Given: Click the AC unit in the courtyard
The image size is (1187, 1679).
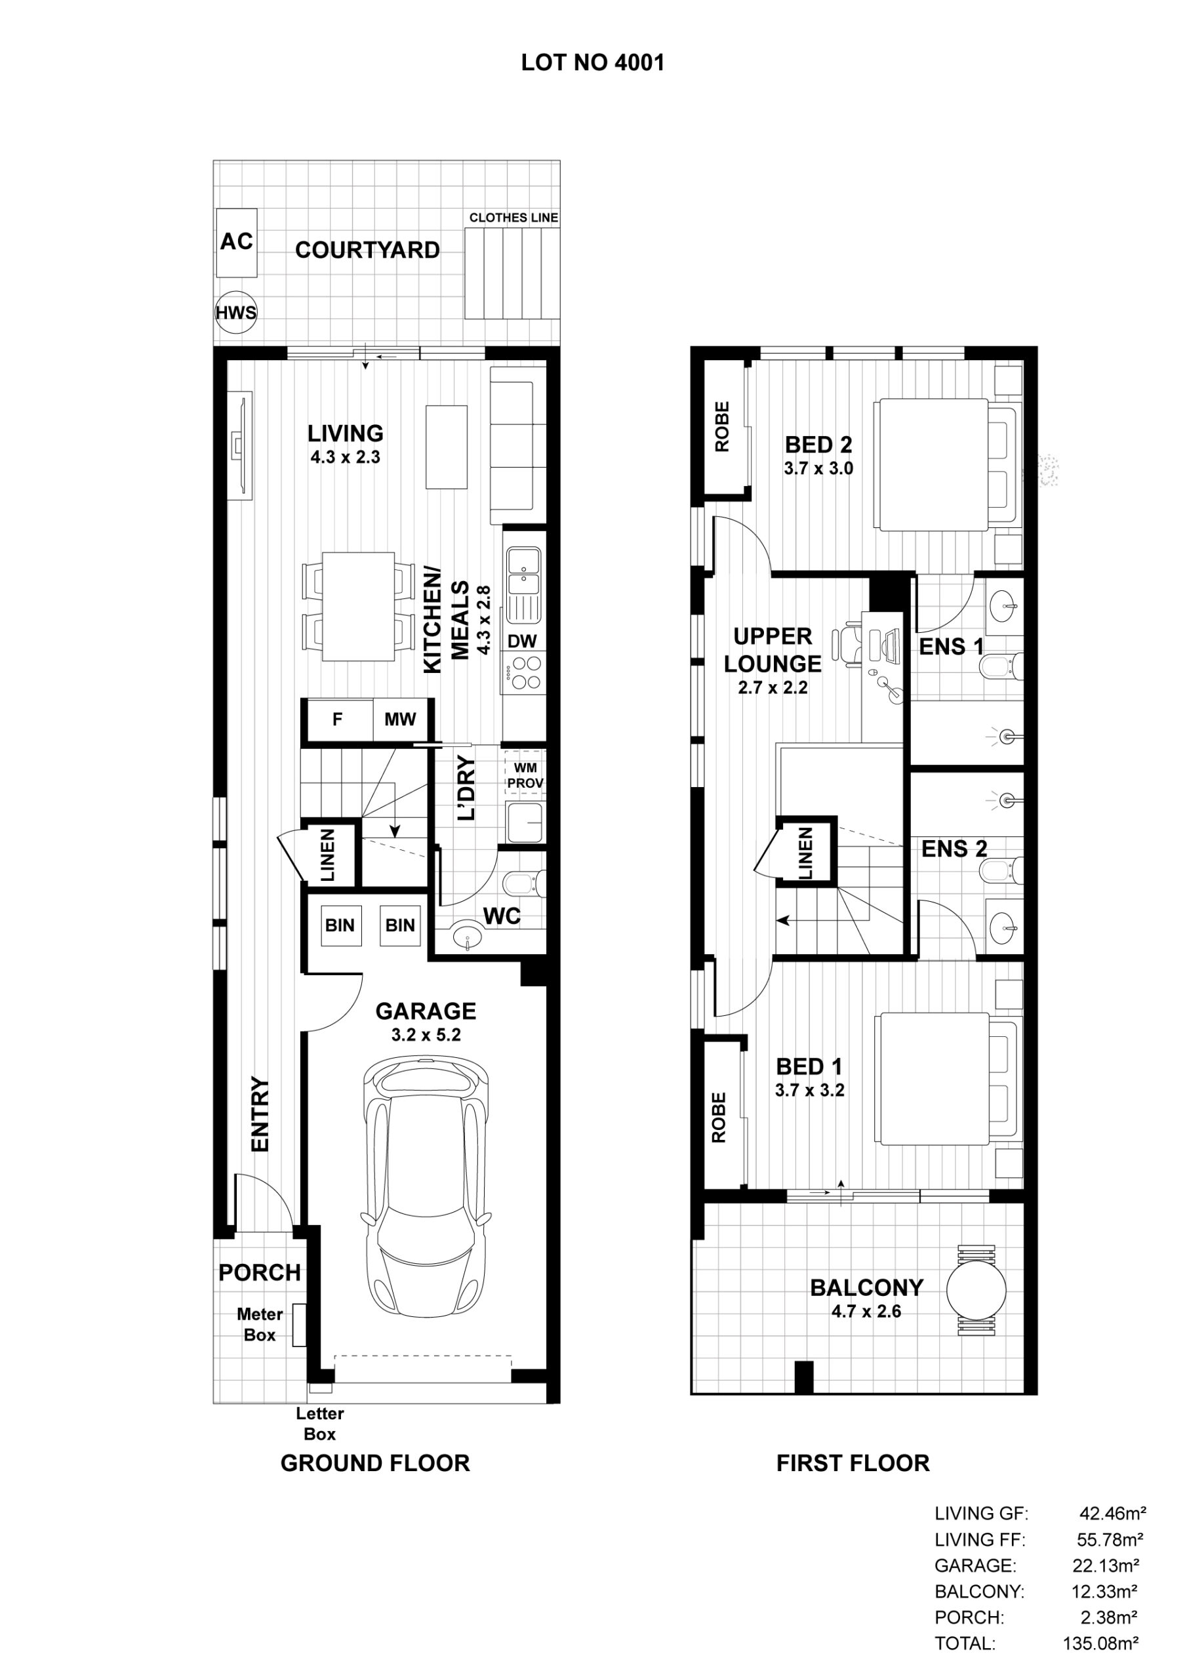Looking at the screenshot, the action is click(236, 243).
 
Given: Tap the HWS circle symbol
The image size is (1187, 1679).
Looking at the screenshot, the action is click(236, 313).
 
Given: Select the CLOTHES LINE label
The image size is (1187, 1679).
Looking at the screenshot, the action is click(513, 218).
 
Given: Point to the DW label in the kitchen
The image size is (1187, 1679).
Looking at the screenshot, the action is click(522, 641).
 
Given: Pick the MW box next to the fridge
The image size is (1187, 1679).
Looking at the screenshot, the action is click(400, 719).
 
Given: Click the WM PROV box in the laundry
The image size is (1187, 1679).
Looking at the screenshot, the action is click(525, 775).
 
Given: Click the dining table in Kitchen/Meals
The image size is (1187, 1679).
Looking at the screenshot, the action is click(358, 607).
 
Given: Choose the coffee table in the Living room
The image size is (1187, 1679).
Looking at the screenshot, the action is click(446, 447).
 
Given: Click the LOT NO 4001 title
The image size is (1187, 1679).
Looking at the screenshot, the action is click(592, 63).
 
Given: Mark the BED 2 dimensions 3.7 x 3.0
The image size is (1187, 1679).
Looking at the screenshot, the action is click(818, 469).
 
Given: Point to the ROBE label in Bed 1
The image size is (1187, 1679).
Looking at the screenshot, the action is click(719, 1118).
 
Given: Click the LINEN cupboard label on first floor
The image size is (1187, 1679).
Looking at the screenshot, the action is click(805, 853).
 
